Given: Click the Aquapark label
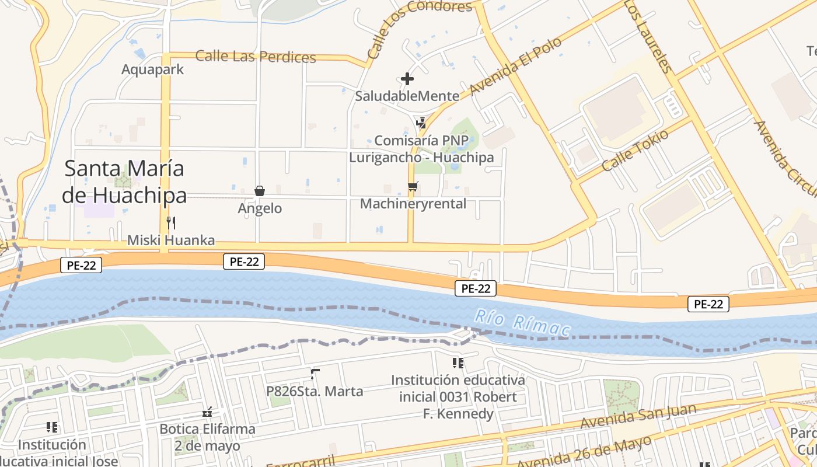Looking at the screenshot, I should (x=152, y=69).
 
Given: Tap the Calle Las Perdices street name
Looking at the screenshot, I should (x=256, y=57).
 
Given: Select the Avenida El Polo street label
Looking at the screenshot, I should (x=515, y=66).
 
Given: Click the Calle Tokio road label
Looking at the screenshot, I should (x=636, y=149).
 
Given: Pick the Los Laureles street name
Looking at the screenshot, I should (x=648, y=36).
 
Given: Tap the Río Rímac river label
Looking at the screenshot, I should (x=522, y=323).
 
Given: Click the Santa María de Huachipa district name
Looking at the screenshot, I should (x=124, y=182).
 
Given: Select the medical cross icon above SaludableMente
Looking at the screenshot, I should (x=407, y=79).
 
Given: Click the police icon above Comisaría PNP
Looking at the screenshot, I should (x=421, y=123).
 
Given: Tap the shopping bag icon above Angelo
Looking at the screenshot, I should (x=260, y=191).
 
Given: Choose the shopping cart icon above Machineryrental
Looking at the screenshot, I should (x=413, y=187).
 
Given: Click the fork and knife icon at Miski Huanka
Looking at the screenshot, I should (x=171, y=222).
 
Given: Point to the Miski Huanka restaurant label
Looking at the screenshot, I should (x=171, y=240).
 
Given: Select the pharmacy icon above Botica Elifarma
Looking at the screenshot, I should (x=207, y=413).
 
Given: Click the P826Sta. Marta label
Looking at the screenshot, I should (x=315, y=391).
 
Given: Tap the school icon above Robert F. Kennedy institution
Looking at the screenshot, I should (x=458, y=363).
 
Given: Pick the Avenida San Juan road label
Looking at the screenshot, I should (x=638, y=417).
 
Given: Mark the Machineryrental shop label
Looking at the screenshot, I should (x=413, y=204).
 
